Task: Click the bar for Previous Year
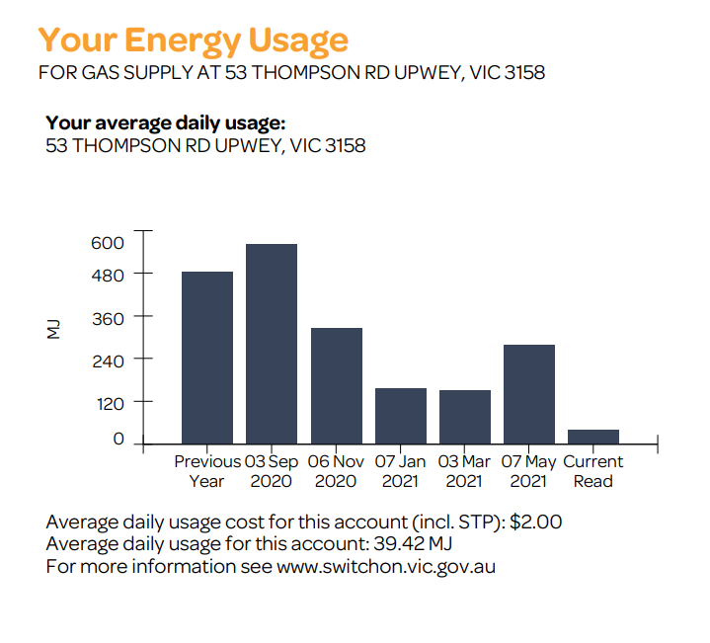point(207,358)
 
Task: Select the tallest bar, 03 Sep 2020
point(272,344)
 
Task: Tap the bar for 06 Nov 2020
point(336,385)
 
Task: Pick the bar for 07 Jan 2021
point(401,416)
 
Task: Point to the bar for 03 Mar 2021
point(465,417)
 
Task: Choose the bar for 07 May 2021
point(529,394)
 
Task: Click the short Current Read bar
point(593,437)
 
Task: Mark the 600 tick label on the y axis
point(107,243)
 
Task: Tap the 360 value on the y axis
point(107,317)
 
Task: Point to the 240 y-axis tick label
point(107,360)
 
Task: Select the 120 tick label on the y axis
point(107,402)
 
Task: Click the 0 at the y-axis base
point(118,440)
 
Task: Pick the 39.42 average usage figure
point(395,544)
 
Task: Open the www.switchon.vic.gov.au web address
point(385,567)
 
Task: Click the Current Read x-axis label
point(593,471)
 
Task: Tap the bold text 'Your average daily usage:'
point(165,123)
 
